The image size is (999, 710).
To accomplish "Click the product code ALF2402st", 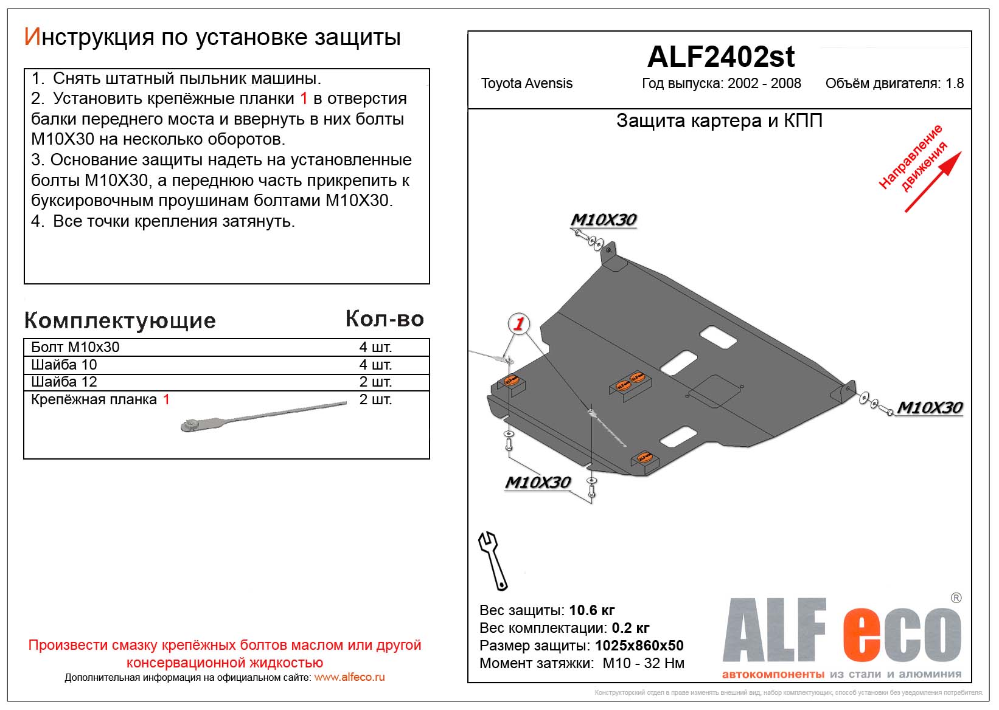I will [720, 57].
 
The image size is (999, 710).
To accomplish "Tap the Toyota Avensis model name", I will [526, 84].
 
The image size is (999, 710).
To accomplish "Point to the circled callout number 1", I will [518, 323].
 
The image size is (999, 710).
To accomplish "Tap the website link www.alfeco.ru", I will [349, 677].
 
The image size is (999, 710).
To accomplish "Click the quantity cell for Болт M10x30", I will [375, 347].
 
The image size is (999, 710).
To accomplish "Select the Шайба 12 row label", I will [64, 382].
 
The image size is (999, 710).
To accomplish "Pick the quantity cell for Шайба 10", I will [375, 365].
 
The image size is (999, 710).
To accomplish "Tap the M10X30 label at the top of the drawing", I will [604, 220].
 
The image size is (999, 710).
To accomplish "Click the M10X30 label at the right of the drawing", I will [930, 408].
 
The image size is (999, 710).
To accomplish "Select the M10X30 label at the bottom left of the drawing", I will [538, 483].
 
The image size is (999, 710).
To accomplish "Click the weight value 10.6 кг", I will [592, 610].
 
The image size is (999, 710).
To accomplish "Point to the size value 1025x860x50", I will [639, 646].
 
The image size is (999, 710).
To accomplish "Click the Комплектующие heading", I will [120, 320].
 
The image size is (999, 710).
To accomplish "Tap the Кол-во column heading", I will [385, 319].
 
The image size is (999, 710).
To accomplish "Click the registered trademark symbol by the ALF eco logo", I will [956, 598].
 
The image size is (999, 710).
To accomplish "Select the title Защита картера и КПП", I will [719, 121].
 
